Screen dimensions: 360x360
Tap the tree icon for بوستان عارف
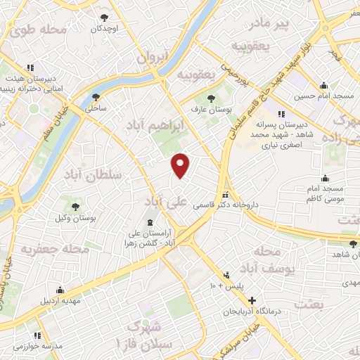(212, 98)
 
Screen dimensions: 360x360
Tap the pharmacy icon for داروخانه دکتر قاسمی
(224, 195)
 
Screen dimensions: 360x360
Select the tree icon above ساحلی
(96, 98)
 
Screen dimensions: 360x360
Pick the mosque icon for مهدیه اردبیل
(60, 290)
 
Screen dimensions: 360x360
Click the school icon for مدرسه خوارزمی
(37, 335)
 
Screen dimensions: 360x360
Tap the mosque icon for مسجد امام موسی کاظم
(324, 179)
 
